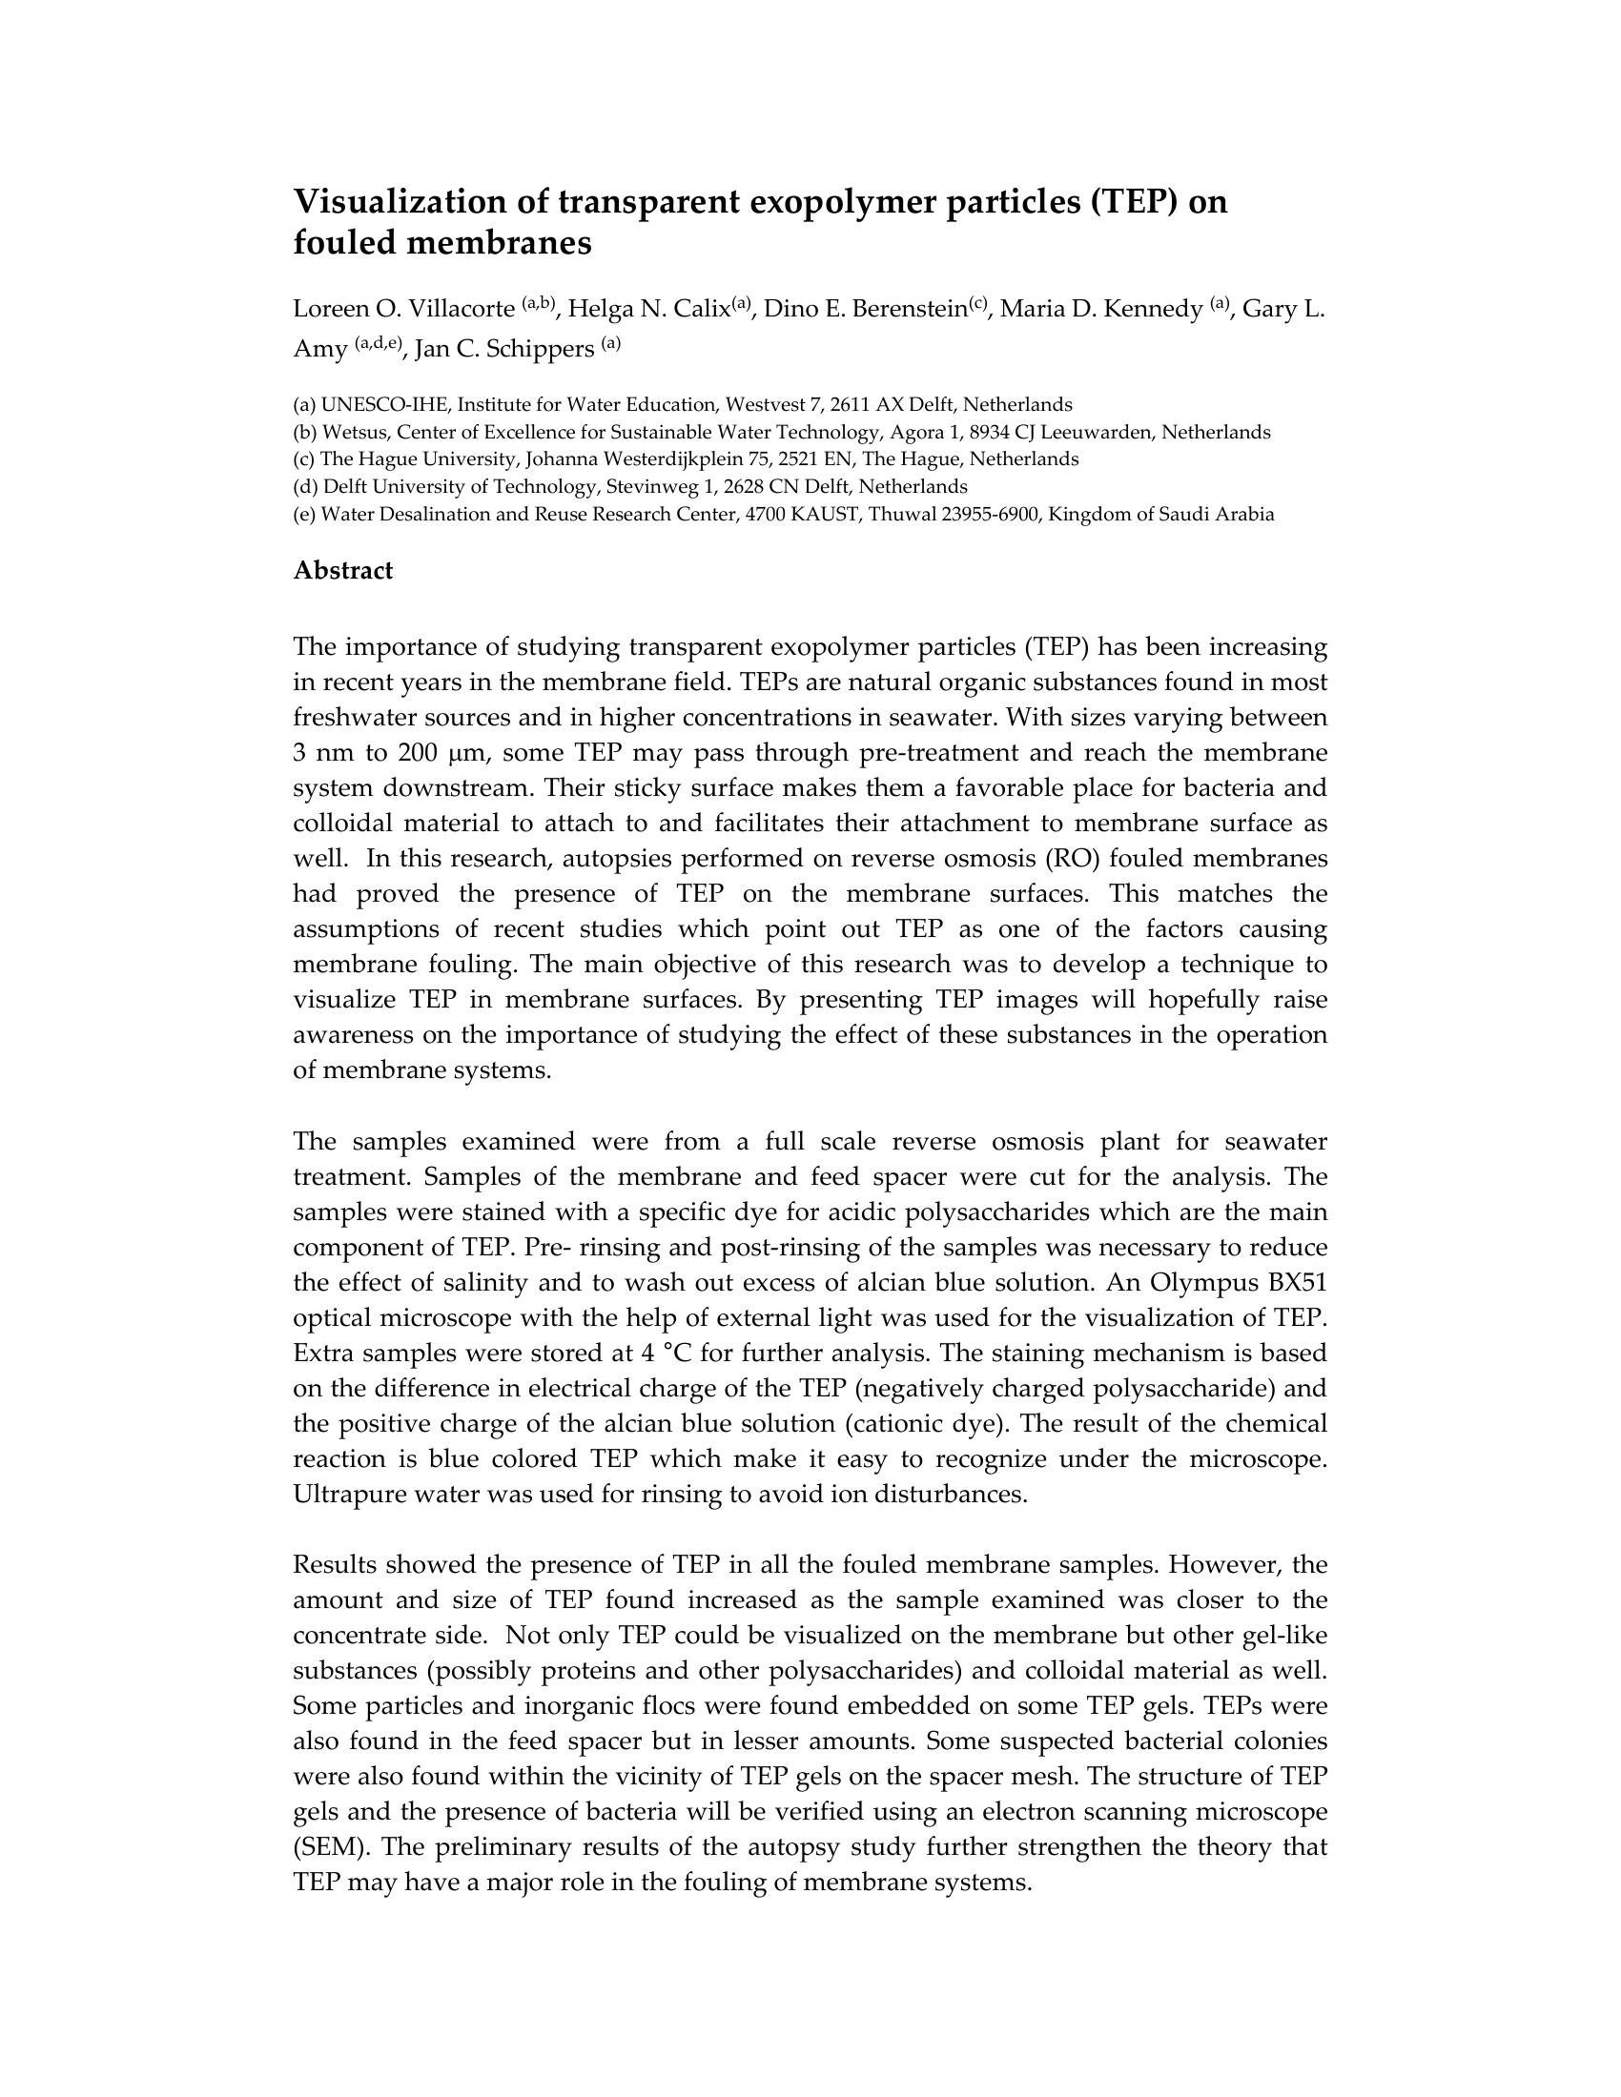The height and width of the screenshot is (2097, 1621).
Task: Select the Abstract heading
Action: coord(343,570)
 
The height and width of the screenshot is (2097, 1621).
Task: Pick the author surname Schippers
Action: coord(540,350)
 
